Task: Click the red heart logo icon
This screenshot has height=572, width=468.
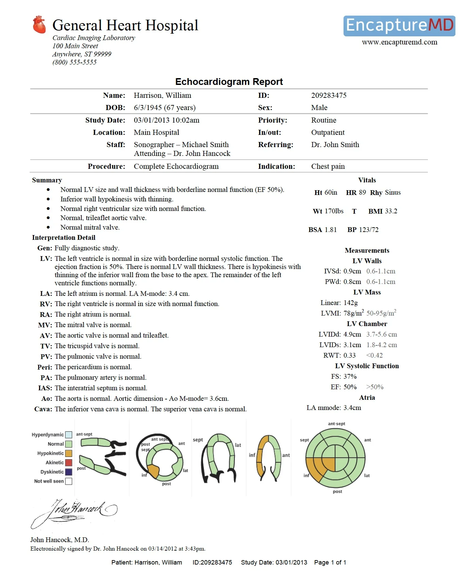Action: (39, 25)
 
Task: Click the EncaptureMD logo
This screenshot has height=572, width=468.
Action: (399, 26)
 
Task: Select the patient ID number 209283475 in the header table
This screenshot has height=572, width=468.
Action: (329, 95)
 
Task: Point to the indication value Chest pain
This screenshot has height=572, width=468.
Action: (328, 166)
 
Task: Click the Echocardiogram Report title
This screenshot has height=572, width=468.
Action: (229, 82)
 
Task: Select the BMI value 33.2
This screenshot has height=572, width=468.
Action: (391, 211)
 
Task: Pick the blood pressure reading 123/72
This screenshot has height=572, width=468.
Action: (369, 230)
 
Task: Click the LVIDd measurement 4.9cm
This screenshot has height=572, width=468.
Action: (352, 335)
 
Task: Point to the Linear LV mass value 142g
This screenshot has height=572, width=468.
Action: (350, 303)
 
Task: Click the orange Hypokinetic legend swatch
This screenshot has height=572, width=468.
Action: (69, 453)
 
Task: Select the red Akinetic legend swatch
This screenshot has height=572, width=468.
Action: (69, 463)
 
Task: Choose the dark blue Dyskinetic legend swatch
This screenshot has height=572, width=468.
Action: (69, 472)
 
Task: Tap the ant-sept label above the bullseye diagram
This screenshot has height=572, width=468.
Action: (336, 424)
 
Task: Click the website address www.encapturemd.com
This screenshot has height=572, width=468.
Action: (399, 42)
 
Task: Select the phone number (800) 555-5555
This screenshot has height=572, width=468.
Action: (74, 62)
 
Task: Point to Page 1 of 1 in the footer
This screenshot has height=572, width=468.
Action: (330, 562)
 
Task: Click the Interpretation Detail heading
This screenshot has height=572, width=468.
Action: (64, 238)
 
